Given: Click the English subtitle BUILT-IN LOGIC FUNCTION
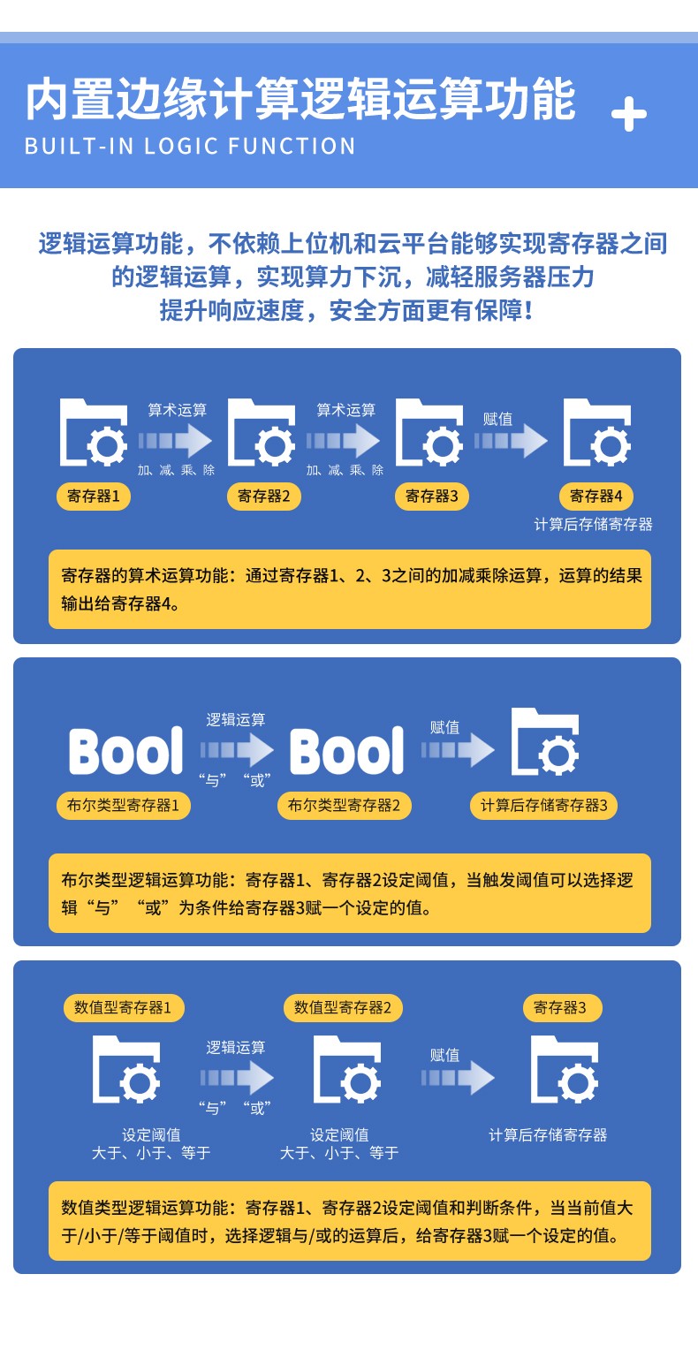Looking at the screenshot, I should pos(190,146).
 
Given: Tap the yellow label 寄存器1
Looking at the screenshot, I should pos(94,497).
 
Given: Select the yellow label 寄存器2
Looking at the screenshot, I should pos(264,497).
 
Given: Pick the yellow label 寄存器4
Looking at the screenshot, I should pos(596,497).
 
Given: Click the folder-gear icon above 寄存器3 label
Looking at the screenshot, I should pos(429,432).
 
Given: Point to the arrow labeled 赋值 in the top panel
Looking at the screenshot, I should pos(512,440).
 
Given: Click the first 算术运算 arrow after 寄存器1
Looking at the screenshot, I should pos(176,440).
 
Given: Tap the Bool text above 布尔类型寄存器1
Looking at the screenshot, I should pos(126,751).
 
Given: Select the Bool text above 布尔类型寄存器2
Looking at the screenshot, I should pos(347,751).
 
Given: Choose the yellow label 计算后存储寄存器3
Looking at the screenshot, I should pos(543,806).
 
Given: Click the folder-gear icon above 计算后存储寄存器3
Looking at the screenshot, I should pos(545,742).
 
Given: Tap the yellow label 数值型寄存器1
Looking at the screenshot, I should pos(124,1008).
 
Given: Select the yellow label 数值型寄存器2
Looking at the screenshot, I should pos(344,1008).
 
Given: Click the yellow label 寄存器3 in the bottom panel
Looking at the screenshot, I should pos(560,1008).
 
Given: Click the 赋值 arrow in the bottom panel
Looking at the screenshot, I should pos(458,1077).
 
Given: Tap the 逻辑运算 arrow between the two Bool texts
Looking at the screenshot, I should pos(237,750).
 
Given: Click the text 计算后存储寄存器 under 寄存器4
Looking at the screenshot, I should pos(594,525).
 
